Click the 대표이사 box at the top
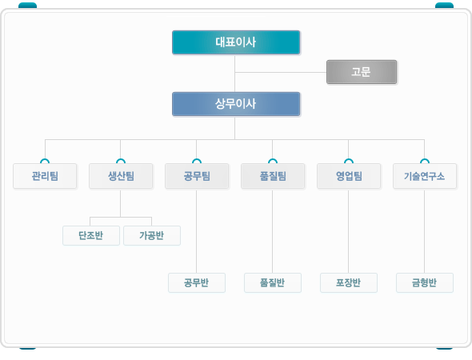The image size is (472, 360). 236,42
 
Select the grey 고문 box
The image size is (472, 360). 362,72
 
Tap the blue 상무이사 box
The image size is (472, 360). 236,104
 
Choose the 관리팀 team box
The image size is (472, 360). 45,176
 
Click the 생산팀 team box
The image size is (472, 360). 121,176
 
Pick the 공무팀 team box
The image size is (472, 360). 197,176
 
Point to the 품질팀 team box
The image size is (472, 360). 273,176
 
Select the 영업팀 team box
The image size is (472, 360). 349,176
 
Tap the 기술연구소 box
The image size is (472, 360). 425,176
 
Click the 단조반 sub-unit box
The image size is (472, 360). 91,235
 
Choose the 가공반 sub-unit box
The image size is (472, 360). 152,235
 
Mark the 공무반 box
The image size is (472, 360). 197,282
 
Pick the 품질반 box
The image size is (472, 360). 273,282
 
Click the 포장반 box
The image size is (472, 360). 349,282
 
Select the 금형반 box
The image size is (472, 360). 425,282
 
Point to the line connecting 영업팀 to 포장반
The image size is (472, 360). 349,231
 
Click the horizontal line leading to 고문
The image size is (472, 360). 281,72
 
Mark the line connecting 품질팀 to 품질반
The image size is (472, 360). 273,231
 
